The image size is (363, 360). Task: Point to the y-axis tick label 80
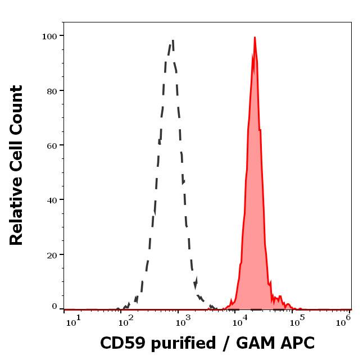51,90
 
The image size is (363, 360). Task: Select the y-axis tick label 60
51,145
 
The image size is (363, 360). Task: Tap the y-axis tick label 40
51,199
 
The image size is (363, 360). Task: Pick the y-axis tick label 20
51,254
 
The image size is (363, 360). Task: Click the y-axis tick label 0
54,307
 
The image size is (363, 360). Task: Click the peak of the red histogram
255,38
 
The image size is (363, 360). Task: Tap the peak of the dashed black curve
173,40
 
